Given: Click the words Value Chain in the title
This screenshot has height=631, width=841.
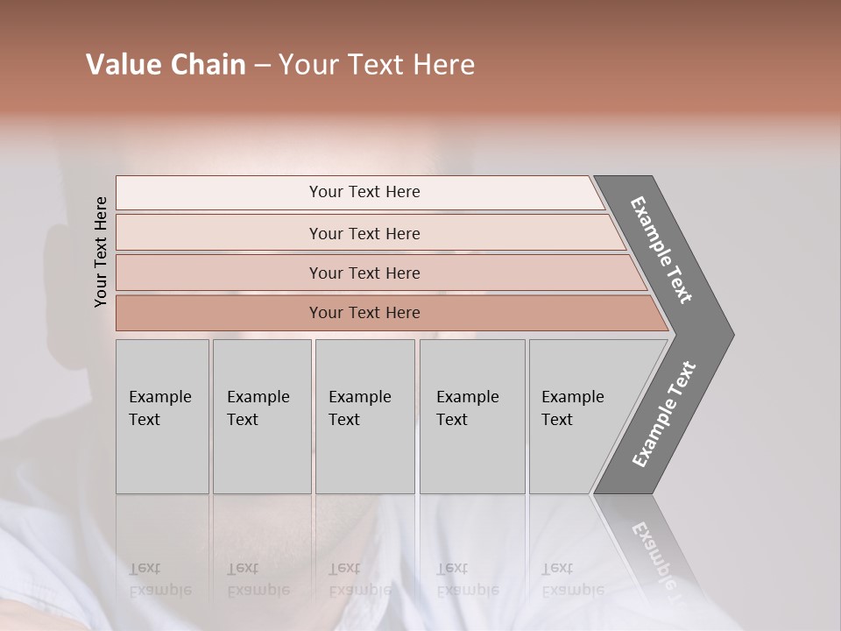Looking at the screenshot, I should click(166, 65).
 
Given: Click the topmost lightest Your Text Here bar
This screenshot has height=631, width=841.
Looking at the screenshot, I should click(364, 192).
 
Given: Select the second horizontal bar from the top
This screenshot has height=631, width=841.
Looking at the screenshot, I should click(364, 233).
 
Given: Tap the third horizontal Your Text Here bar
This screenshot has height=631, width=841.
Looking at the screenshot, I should click(364, 273).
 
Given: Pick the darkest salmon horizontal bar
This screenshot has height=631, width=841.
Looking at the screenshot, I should click(364, 313).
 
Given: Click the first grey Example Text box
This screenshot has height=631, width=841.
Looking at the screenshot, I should click(162, 416).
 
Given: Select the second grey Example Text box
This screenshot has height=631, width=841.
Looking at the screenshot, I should click(261, 416).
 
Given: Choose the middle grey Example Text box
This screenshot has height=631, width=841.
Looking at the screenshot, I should click(364, 416).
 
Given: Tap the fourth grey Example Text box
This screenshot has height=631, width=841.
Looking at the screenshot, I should click(471, 416).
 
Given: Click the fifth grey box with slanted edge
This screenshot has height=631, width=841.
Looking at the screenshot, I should click(578, 416).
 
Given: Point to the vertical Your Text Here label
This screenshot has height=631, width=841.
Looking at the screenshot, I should click(101, 252).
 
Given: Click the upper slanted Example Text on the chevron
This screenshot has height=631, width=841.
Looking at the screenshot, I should click(661, 250).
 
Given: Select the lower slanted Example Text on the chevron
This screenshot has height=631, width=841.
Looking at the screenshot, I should click(663, 415).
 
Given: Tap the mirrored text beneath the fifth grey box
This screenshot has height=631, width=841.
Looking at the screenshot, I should click(573, 579).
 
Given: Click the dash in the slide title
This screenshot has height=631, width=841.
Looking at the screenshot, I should click(262, 65).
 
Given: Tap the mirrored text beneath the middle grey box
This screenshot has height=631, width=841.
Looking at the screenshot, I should click(359, 579).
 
